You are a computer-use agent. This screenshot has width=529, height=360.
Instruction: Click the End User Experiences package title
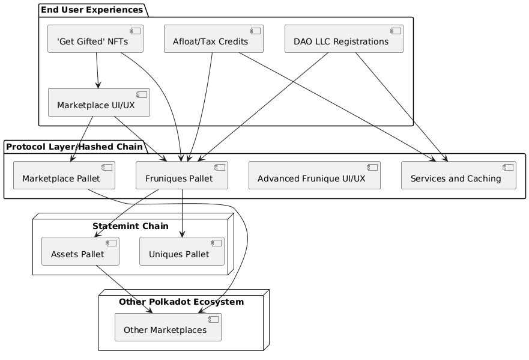tap(92, 10)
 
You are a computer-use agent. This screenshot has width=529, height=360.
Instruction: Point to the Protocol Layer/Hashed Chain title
tap(74, 146)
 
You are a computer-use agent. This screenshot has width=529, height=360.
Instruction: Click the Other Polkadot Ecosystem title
tap(181, 302)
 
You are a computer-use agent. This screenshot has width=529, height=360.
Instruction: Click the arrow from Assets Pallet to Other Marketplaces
tap(114, 289)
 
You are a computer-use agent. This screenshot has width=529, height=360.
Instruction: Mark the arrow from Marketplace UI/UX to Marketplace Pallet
tap(81, 139)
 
